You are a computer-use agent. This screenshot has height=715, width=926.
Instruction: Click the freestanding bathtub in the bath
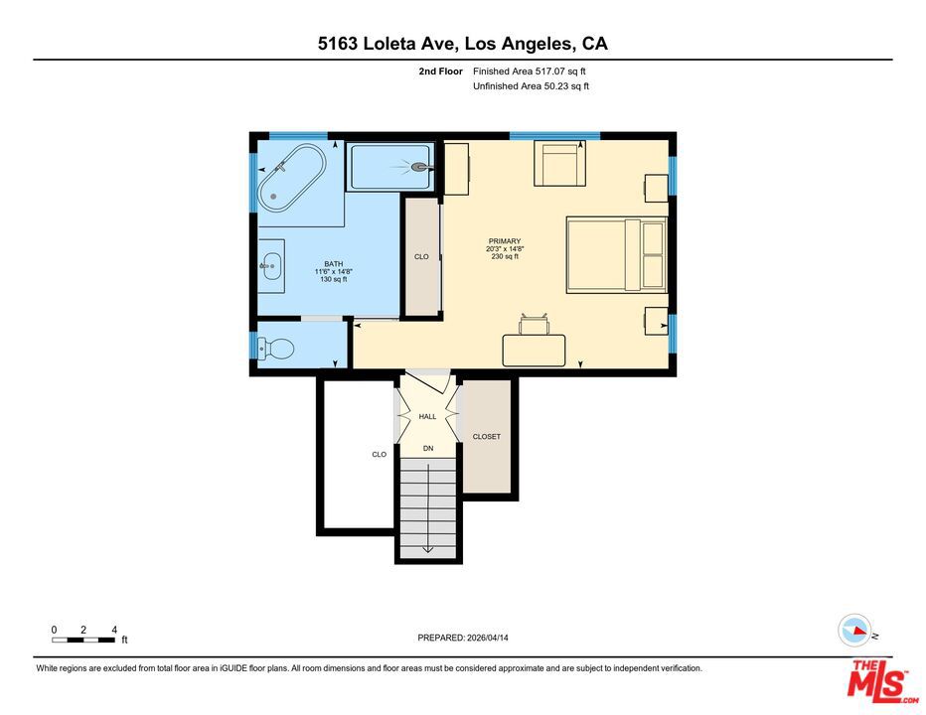291,178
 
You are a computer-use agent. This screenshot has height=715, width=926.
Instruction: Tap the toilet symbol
276,349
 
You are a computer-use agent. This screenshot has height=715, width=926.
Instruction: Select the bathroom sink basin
271,266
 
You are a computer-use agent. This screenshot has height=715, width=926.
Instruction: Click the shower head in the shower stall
420,167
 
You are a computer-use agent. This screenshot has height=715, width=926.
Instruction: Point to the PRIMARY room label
505,241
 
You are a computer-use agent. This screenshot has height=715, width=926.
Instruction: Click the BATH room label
333,264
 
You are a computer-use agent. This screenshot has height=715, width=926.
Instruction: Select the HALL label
427,416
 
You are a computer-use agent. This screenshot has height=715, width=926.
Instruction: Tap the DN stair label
428,448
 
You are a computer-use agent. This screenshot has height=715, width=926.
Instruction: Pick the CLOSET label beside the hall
486,436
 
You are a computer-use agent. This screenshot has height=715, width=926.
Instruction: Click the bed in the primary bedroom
617,255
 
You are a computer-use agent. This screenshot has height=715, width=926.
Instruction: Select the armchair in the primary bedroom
559,163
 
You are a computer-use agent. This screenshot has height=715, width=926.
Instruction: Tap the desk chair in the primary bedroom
534,325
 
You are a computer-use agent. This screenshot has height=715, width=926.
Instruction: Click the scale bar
83,640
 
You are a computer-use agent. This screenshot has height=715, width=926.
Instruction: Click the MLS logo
880,681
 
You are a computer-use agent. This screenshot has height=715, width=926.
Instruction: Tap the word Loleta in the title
389,44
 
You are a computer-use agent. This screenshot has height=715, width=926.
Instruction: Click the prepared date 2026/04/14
488,638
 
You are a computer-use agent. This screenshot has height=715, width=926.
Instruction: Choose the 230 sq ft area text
505,256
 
